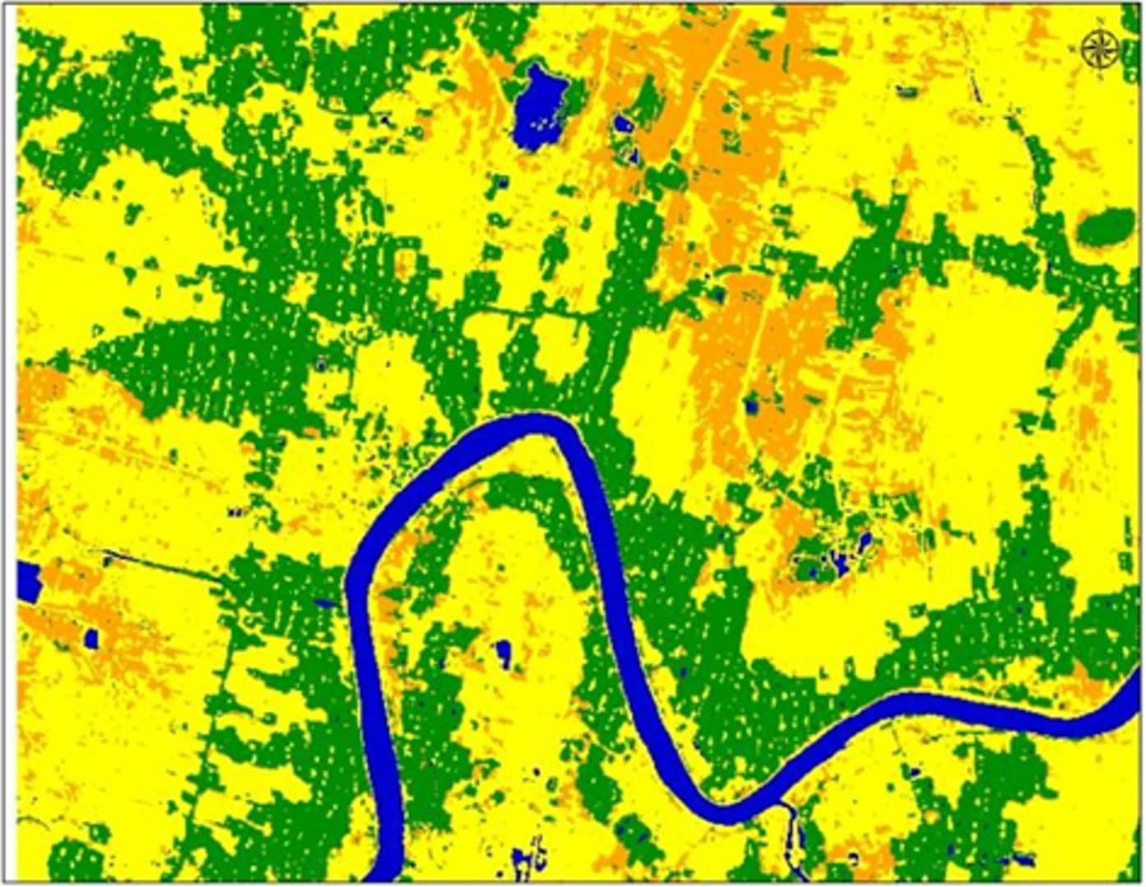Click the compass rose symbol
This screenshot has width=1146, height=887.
click(x=1098, y=48)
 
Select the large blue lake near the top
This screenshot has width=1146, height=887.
click(x=539, y=107)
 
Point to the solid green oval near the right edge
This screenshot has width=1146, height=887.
click(x=1106, y=224)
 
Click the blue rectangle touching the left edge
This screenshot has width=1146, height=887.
click(x=28, y=581)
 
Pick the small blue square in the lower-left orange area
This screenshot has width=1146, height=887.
click(x=92, y=638)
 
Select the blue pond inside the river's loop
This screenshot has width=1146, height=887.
click(x=503, y=652)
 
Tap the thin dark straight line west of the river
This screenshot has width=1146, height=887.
click(x=164, y=566)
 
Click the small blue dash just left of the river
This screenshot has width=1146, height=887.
click(x=326, y=603)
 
